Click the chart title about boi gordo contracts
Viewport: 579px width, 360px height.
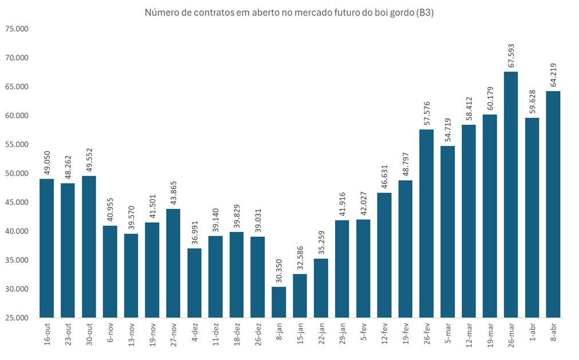click(x=289, y=13)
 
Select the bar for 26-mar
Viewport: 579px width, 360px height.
click(x=511, y=195)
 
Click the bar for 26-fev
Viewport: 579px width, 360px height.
click(x=427, y=223)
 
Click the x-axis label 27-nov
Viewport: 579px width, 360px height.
click(x=174, y=335)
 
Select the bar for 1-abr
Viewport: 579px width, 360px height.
click(x=532, y=217)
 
